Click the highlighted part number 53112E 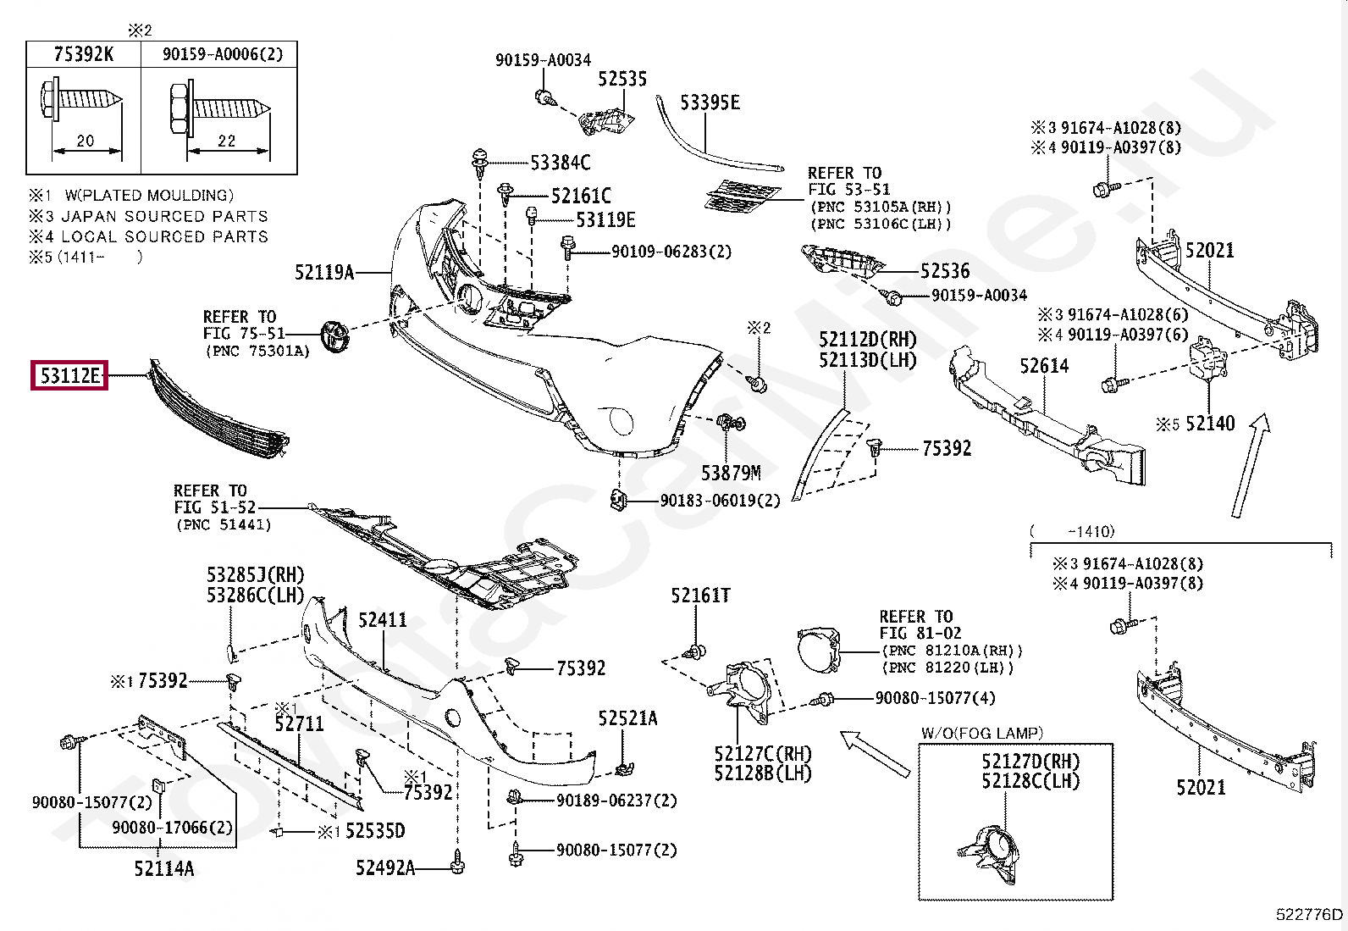click(69, 375)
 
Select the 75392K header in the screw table click(84, 54)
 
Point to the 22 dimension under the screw click(226, 141)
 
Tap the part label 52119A click(324, 272)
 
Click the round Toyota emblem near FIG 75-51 click(334, 336)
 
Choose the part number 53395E click(710, 103)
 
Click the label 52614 click(1044, 365)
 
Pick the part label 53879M click(732, 474)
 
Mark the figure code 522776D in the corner click(1309, 914)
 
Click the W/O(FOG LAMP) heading click(982, 733)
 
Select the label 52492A click(385, 867)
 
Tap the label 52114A click(163, 868)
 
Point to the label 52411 click(383, 619)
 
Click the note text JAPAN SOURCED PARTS click(164, 216)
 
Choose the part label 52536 click(945, 271)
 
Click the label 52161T click(700, 596)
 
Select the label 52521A click(627, 718)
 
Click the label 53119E click(605, 219)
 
